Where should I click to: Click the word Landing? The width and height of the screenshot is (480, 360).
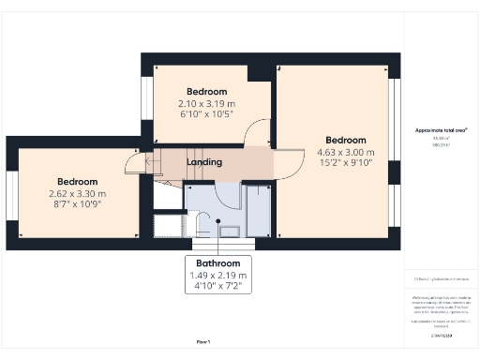[x=204, y=162]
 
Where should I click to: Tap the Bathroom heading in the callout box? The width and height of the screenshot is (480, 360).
[x=218, y=263]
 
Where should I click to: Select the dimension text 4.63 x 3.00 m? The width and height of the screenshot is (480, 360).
[x=345, y=153]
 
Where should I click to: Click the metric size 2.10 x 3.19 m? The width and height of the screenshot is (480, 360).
[x=205, y=104]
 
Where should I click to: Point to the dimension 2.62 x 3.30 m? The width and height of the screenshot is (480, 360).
[x=77, y=193]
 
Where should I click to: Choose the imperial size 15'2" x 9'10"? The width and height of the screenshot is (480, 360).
[x=345, y=163]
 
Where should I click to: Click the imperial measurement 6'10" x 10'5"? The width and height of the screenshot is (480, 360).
[x=205, y=114]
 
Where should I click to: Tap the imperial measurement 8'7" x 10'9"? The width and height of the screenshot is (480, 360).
[x=77, y=203]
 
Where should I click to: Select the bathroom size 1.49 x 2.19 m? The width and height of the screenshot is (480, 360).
[x=218, y=275]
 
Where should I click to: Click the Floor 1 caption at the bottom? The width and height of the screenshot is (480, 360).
[x=202, y=341]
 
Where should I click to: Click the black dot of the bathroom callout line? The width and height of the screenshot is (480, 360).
[x=218, y=222]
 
